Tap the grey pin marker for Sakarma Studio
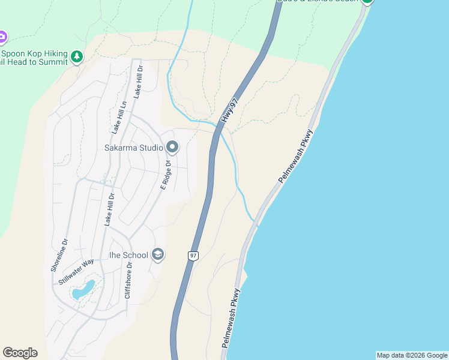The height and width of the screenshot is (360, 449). (172, 147)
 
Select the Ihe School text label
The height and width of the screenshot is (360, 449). (128, 255)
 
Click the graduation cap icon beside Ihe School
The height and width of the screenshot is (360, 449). (158, 255)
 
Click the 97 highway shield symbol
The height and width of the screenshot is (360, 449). (193, 256)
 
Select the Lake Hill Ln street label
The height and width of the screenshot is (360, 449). (118, 116)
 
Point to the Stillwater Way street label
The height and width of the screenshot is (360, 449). (77, 271)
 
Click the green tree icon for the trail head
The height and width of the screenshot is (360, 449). (76, 57)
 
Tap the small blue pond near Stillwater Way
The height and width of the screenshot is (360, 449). (83, 290)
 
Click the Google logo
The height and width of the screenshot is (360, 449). (20, 353)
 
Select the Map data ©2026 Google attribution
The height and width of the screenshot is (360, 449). (412, 355)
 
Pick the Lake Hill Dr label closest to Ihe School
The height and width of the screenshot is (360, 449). (109, 209)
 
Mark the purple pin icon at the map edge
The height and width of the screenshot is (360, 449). (2, 37)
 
